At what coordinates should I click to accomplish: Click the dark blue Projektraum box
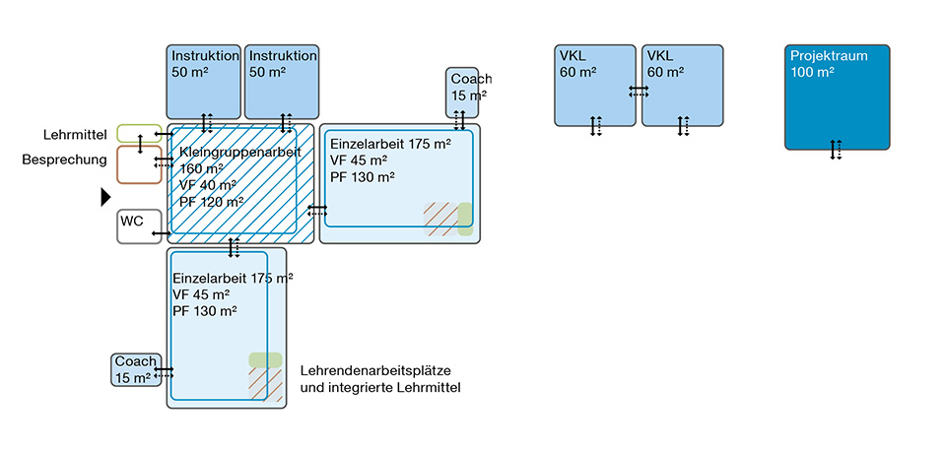click(837, 108)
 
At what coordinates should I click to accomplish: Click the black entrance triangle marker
click(105, 197)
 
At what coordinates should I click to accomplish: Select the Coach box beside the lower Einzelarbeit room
click(134, 370)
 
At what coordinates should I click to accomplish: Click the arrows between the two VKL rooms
click(639, 91)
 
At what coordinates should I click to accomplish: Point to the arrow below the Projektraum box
click(836, 150)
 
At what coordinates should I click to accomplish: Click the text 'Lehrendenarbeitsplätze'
click(375, 371)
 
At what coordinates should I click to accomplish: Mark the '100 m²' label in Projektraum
click(812, 73)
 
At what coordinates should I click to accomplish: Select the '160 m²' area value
click(202, 169)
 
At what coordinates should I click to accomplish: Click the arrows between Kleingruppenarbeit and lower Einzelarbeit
click(235, 247)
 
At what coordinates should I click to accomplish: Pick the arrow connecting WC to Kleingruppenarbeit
click(161, 233)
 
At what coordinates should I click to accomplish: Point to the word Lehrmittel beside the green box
click(75, 134)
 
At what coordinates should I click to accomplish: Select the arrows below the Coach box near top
click(459, 120)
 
